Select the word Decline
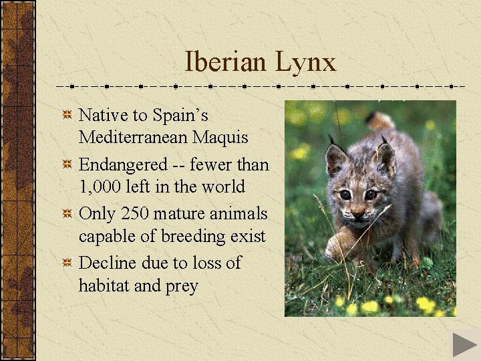pos(107,263)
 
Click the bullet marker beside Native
pos(67,116)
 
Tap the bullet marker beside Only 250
pos(67,215)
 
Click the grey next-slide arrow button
pos(464,344)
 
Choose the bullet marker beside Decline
pos(67,263)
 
